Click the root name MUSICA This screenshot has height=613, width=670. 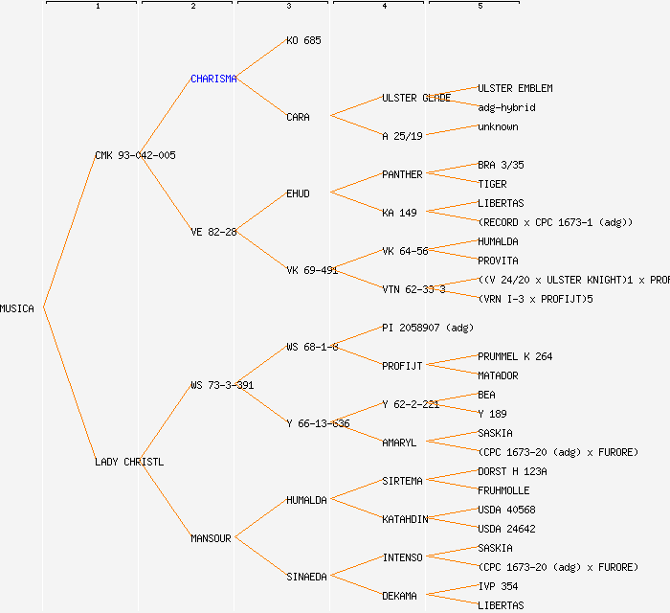coord(17,308)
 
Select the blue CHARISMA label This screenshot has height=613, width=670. coord(213,79)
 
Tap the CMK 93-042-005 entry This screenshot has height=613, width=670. coord(135,155)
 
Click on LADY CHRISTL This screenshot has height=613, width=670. coord(129,462)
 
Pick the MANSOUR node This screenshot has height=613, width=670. coord(211,538)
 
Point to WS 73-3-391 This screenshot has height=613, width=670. coord(222,385)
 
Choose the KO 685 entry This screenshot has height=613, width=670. coord(303,40)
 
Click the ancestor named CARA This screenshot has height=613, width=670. coord(298,117)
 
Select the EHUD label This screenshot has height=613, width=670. coord(298,193)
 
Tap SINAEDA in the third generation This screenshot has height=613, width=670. coord(306,577)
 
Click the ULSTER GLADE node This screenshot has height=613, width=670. coord(416,98)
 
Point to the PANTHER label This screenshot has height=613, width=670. coord(402,174)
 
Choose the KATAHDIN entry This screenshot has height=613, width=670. coord(405,519)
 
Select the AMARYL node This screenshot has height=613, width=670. coord(399,443)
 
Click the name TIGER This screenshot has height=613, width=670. coord(492,184)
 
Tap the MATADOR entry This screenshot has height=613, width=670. coord(498,375)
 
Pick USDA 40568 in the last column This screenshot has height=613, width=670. coord(506,510)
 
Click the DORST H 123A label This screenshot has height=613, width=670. coord(512,471)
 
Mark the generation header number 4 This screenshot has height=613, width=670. coord(384,7)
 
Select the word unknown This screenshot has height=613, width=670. coord(498,126)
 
